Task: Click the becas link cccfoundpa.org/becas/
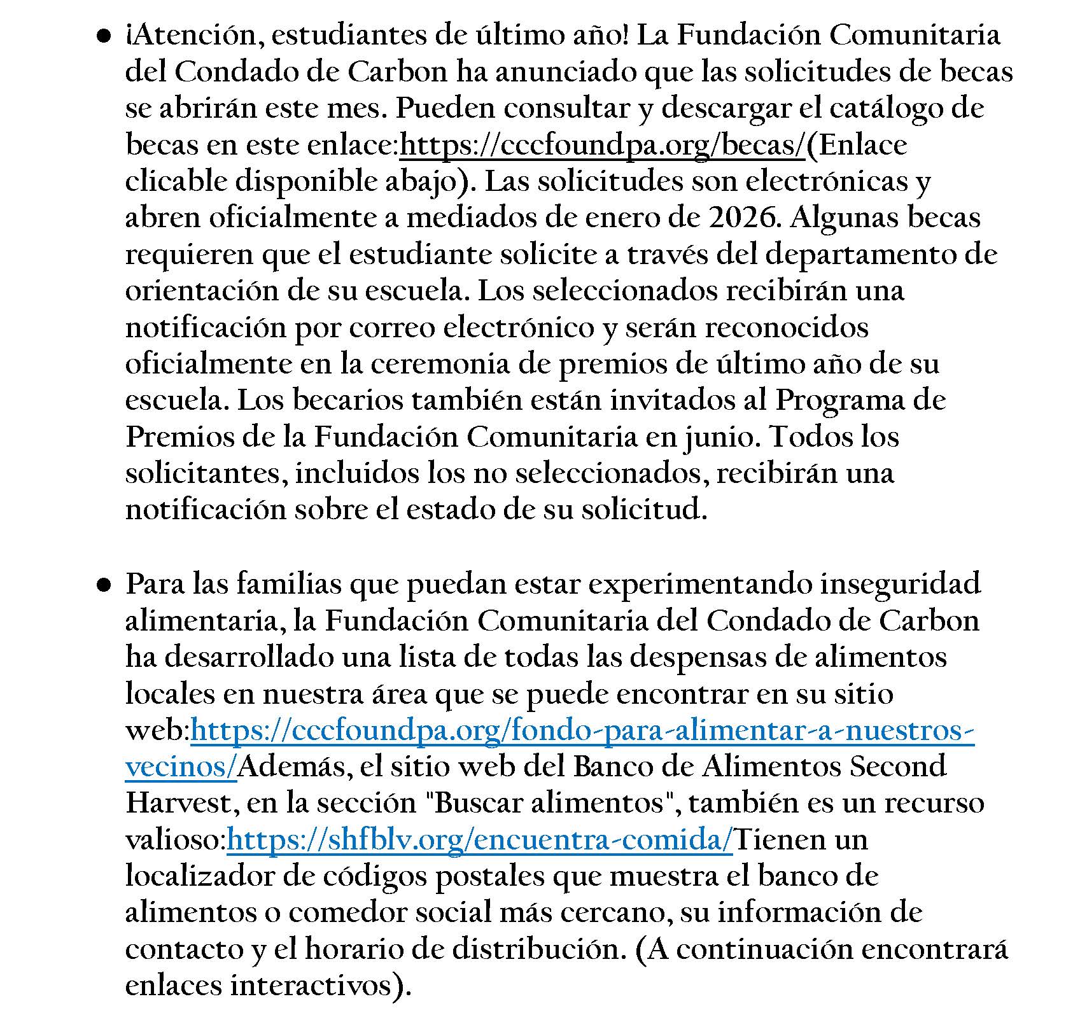coord(602,145)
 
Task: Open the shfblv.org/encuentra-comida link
coord(480,840)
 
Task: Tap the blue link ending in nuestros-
coord(582,730)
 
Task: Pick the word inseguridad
coord(900,584)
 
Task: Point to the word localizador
coord(199,876)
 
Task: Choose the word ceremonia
coord(440,365)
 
